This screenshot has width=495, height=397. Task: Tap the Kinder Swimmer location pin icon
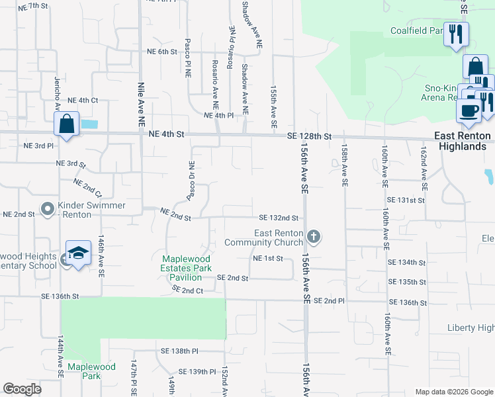(x=48, y=210)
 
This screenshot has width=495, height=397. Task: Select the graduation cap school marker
(x=78, y=255)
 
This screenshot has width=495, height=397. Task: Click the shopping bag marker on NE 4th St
(x=67, y=124)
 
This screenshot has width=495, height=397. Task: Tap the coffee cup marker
(x=469, y=110)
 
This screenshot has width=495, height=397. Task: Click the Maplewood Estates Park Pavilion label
(x=187, y=268)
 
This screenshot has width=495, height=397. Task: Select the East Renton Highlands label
(x=463, y=141)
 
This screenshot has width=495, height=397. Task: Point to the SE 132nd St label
(x=279, y=217)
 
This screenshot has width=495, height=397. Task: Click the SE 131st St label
(x=406, y=200)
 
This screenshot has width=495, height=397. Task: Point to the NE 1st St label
(x=267, y=258)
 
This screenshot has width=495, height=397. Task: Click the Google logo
(x=22, y=389)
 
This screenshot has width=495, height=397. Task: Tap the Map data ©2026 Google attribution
(x=454, y=392)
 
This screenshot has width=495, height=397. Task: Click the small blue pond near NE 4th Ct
(x=89, y=124)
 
